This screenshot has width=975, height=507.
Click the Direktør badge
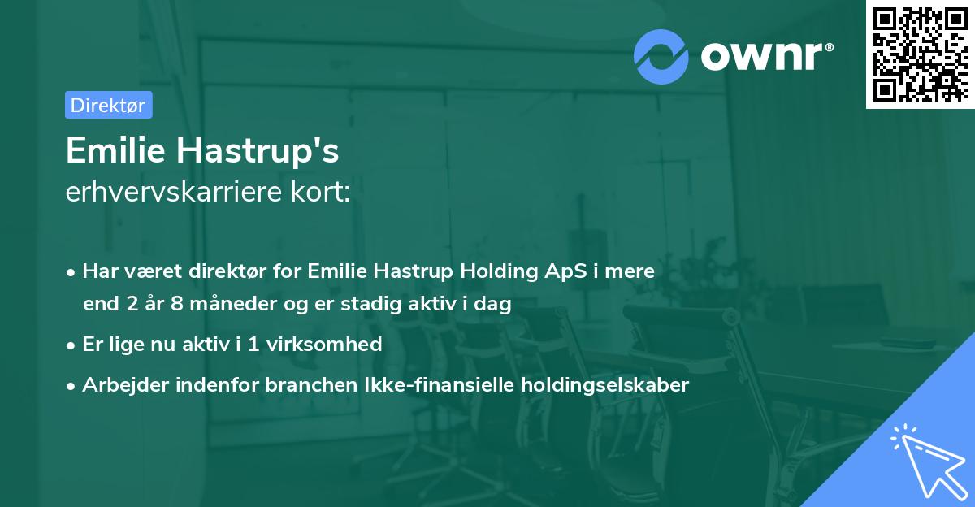pos(108,105)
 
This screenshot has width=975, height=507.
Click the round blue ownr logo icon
pos(661,56)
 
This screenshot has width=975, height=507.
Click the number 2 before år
pos(131,305)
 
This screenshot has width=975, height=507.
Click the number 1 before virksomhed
pos(253,344)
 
